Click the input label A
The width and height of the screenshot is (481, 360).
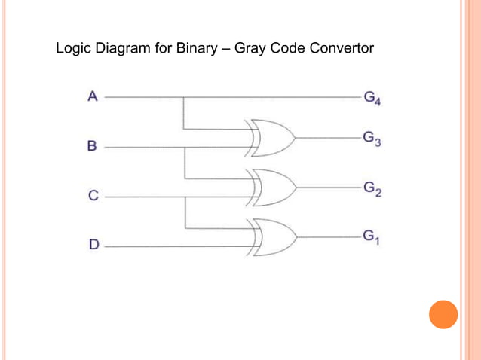pos(93,96)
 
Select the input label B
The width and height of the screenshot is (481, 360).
pos(92,146)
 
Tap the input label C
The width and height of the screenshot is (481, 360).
pos(93,196)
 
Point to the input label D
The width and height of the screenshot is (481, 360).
pos(93,244)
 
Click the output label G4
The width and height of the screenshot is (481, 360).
pos(372,98)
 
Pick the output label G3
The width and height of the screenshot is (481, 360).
pos(372,139)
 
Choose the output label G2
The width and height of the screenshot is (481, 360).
pos(372,188)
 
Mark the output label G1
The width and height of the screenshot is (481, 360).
pos(371,237)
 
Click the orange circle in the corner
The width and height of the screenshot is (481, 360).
pos(443,314)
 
